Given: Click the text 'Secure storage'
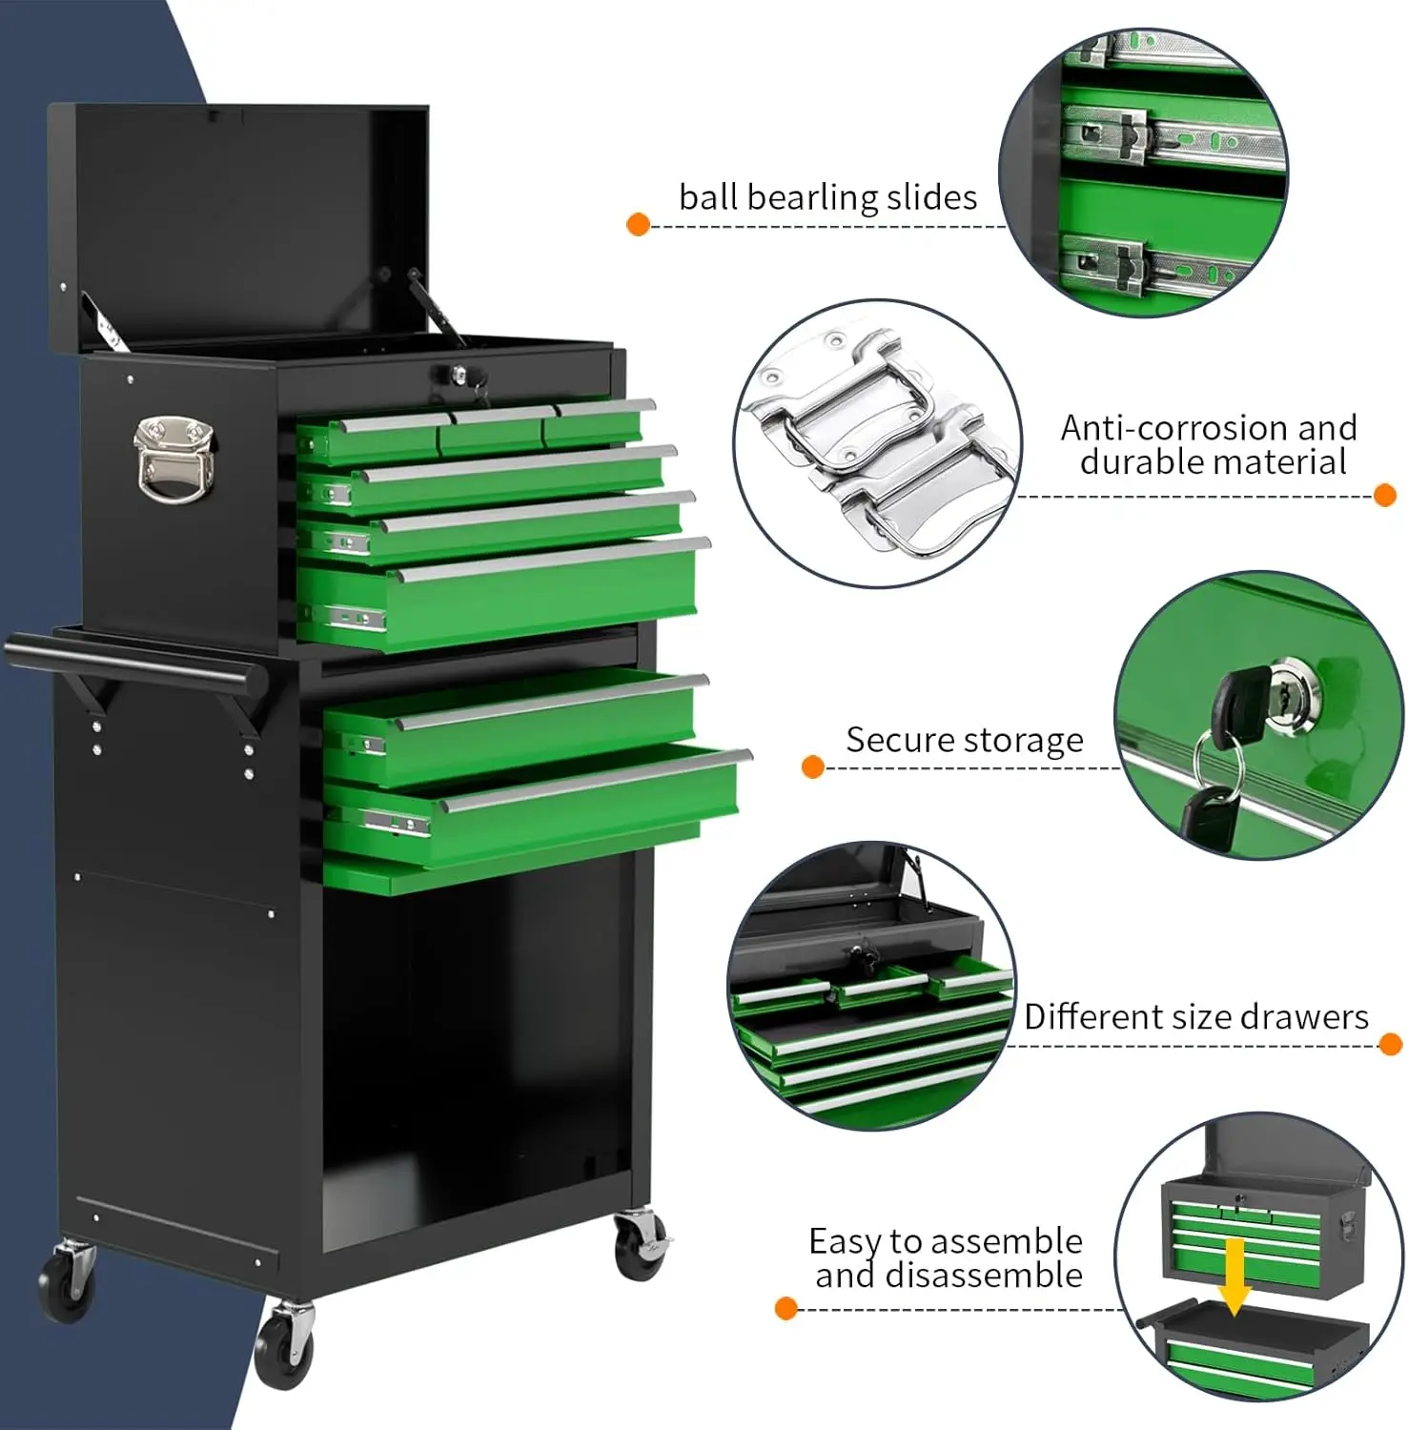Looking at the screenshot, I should coord(964,741).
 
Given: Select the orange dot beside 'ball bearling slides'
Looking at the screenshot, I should coord(638,225).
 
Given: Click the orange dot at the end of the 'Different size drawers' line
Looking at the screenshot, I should coord(1390,1044).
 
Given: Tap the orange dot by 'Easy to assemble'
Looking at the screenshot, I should coord(786,1308).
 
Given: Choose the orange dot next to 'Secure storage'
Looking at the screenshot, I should coord(812,766).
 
